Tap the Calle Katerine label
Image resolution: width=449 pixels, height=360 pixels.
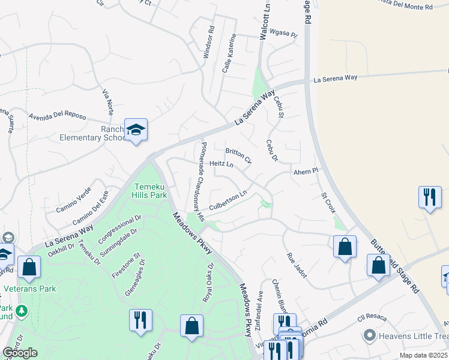pos(229,53)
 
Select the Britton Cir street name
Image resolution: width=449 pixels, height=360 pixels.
pos(238,155)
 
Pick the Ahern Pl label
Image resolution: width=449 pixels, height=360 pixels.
pos(305,172)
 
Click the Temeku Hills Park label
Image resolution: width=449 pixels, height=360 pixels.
pos(150,191)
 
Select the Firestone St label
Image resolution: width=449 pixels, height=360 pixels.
pos(126,265)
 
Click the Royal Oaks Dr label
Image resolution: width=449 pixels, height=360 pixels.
pos(208,283)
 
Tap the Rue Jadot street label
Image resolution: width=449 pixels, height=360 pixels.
pos(297,265)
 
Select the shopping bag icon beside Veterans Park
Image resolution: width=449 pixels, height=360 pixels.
pos(29,266)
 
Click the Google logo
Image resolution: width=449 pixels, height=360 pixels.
pos(20,353)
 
